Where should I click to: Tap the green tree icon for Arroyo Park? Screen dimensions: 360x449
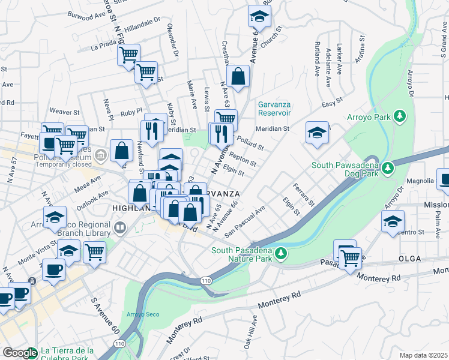(398, 116)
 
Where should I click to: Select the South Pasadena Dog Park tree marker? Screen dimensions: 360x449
(388, 166)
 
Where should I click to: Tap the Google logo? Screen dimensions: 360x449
(20, 353)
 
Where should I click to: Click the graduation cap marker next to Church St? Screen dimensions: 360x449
(259, 16)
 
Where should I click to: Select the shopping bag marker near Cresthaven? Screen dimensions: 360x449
(238, 76)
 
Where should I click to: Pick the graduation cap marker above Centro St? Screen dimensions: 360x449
(393, 222)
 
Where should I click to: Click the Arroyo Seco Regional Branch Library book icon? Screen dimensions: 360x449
(121, 227)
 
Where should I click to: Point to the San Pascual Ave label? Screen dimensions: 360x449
(244, 222)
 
